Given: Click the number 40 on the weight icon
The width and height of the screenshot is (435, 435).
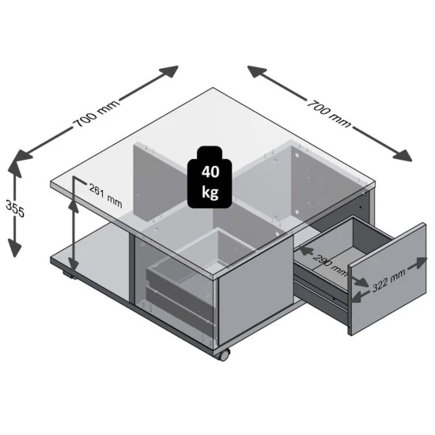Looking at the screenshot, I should coord(211,172).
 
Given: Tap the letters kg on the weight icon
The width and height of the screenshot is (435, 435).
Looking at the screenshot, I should coord(211,192).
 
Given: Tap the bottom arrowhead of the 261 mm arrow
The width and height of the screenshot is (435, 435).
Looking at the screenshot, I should coord(74,269).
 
